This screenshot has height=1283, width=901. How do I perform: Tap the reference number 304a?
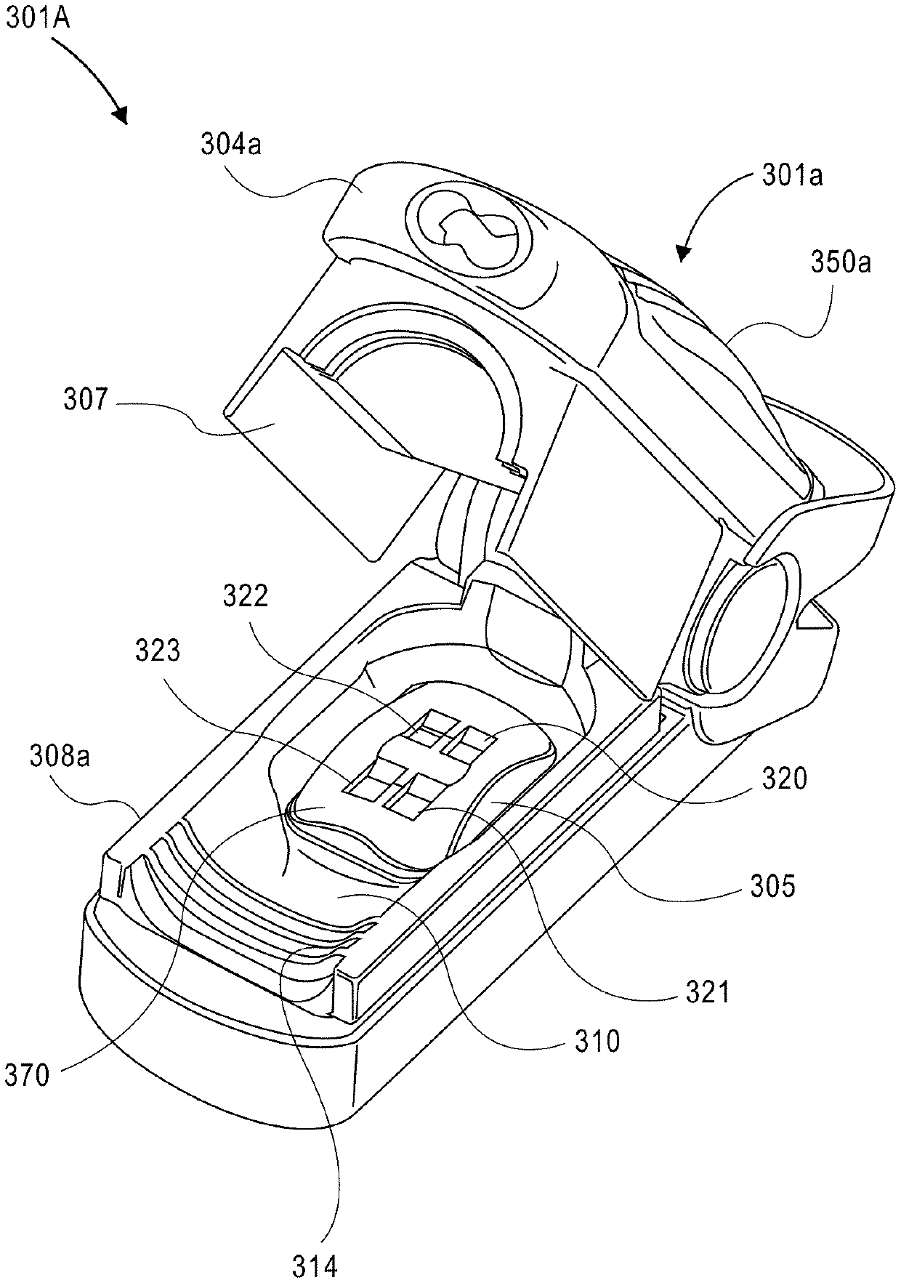231,145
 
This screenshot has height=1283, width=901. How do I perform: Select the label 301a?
792,175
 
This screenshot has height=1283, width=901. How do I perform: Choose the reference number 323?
157,650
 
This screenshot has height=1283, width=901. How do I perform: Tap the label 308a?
60,758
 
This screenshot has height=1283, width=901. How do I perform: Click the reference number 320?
784,779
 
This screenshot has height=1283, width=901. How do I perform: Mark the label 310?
597,1041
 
